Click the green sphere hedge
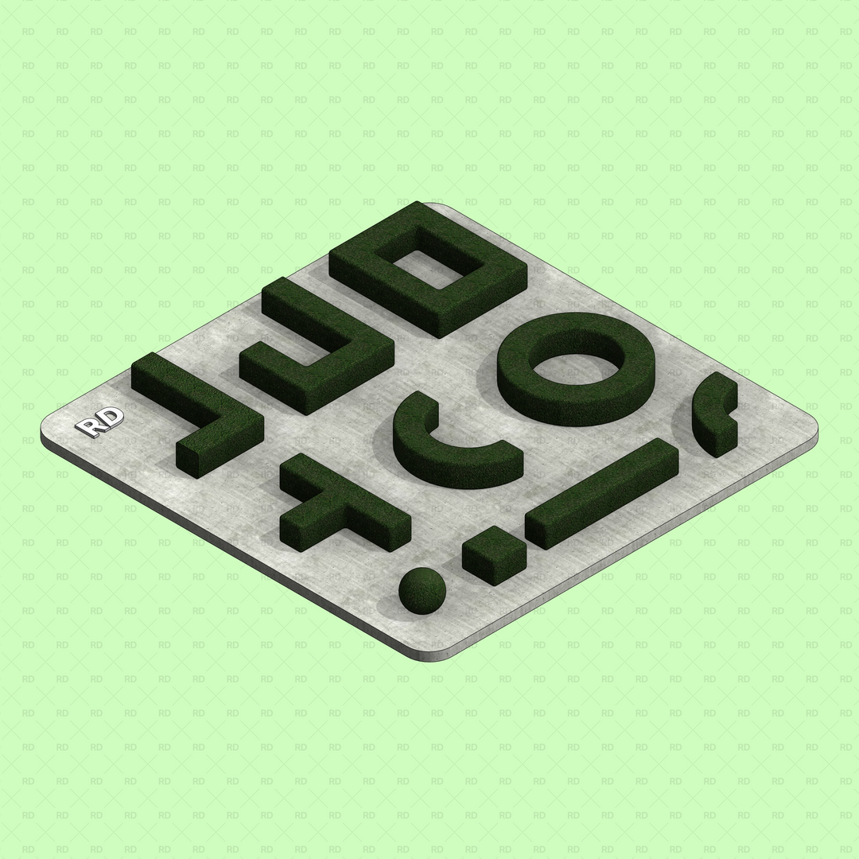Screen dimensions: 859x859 [x=422, y=591]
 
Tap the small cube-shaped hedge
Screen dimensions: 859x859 [x=494, y=554]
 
